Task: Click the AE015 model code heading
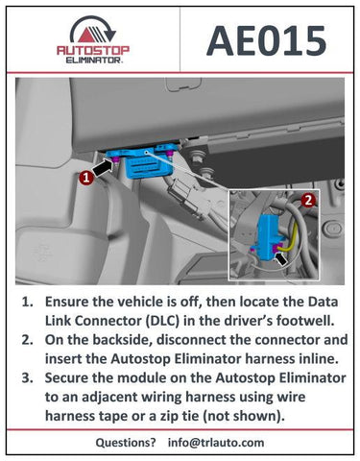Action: pyautogui.click(x=267, y=41)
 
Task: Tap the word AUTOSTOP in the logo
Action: pyautogui.click(x=93, y=51)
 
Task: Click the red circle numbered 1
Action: pyautogui.click(x=86, y=177)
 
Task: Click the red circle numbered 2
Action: pyautogui.click(x=308, y=201)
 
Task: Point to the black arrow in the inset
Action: pyautogui.click(x=281, y=258)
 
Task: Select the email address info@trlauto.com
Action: pyautogui.click(x=216, y=443)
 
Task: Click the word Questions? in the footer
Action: pyautogui.click(x=126, y=443)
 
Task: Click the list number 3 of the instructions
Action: pyautogui.click(x=27, y=377)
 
